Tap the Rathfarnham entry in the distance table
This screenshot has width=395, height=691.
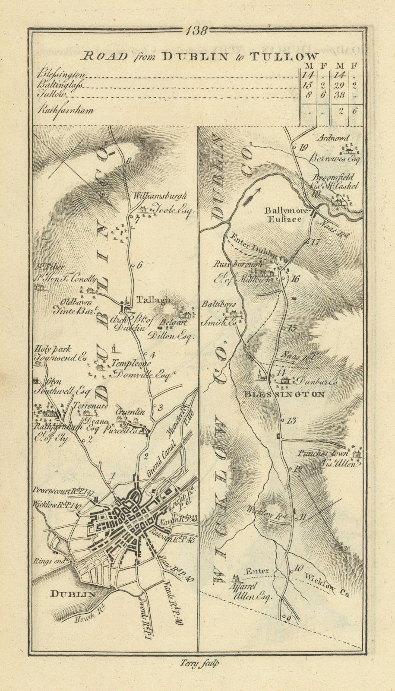[65, 111]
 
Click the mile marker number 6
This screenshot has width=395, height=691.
[139, 266]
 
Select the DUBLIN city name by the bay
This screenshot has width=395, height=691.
[73, 594]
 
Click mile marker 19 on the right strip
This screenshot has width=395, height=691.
[303, 147]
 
